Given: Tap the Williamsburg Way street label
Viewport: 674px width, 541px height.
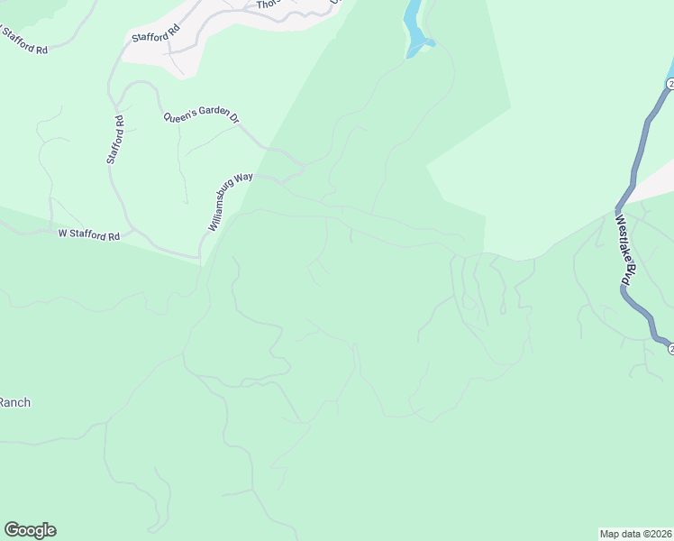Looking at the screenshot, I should tap(231, 202).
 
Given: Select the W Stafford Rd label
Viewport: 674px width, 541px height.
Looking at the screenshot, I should tap(88, 234).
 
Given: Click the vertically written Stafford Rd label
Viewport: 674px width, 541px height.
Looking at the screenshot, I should tap(114, 139).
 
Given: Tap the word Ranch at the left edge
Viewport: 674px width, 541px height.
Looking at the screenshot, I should tap(15, 402).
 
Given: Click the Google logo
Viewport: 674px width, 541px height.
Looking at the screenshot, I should tap(30, 530).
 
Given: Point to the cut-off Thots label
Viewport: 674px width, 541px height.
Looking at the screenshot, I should tap(268, 5).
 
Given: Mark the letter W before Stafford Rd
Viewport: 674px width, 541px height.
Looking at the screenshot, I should tap(63, 234).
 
